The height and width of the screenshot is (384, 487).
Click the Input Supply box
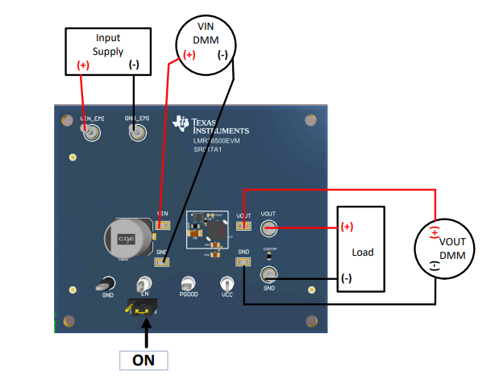click(x=108, y=50)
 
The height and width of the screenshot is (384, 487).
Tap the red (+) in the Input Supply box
click(x=83, y=65)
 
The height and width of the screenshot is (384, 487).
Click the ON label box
click(x=144, y=361)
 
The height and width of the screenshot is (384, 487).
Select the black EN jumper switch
click(x=143, y=307)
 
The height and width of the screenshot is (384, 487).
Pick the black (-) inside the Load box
click(x=346, y=278)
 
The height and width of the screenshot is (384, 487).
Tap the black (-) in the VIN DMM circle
click(x=222, y=55)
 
